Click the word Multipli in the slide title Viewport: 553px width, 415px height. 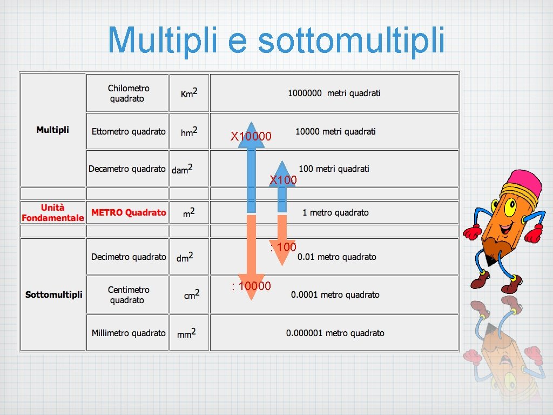click(158, 40)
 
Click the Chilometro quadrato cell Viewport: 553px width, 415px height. click(129, 93)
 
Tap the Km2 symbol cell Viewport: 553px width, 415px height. click(189, 93)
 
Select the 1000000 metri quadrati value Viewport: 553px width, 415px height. click(334, 93)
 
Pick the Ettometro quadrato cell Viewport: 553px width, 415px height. click(129, 131)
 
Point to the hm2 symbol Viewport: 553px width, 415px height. click(189, 131)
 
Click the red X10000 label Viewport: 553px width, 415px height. click(251, 137)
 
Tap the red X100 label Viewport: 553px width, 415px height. click(284, 180)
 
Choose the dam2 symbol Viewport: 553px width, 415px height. click(182, 169)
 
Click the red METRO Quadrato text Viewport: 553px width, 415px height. click(129, 212)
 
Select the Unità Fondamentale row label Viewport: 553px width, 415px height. click(52, 212)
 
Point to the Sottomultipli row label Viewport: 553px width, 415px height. click(53, 294)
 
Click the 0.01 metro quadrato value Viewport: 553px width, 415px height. click(336, 257)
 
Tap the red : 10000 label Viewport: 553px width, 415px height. click(251, 286)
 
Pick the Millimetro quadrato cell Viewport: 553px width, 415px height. click(129, 333)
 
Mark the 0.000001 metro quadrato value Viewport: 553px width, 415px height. click(335, 333)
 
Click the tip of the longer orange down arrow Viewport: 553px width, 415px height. click(251, 298)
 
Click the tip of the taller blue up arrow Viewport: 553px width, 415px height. click(251, 123)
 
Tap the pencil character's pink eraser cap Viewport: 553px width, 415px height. click(524, 181)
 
